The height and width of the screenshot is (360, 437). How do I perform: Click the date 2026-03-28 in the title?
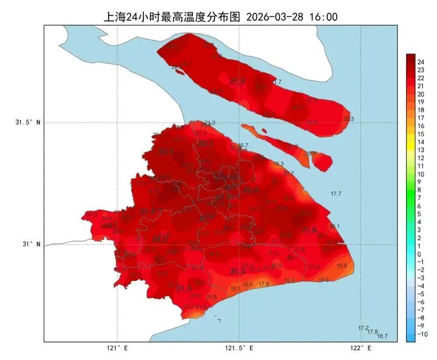coord(278,17)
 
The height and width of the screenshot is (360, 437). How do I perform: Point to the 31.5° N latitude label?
coord(28,122)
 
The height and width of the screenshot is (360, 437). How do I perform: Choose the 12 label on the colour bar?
coord(421,158)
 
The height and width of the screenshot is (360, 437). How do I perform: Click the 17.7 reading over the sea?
coord(336,193)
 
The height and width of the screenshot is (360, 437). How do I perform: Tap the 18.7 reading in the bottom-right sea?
coord(382,336)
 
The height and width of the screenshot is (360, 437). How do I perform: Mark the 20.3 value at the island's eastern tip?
coord(348,119)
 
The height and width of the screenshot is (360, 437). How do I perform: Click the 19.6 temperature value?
coord(342,266)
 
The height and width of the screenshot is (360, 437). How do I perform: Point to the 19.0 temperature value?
coord(323,280)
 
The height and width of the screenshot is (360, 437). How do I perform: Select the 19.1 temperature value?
coord(235,288)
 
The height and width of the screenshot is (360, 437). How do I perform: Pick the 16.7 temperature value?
coord(243,145)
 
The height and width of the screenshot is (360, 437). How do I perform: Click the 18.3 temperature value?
coord(279,164)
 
